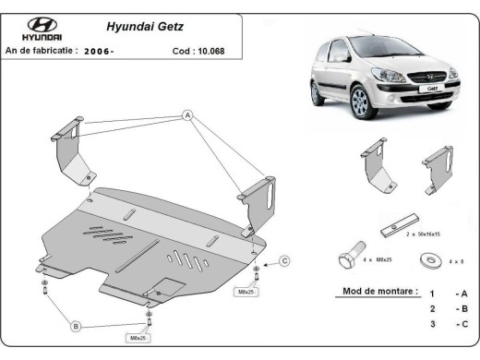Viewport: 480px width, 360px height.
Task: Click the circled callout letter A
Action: point(186,115)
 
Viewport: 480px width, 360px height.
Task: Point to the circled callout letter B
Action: point(77,325)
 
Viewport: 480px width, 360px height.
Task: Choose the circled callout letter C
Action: point(284,260)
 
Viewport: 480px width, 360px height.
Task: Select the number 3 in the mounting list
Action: point(432,323)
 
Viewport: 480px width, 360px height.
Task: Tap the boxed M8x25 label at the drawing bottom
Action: point(138,339)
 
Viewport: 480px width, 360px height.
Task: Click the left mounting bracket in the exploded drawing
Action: point(70,150)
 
